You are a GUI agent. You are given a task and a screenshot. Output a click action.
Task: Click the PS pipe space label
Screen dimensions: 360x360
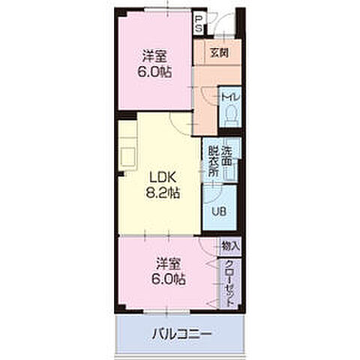point(199,23)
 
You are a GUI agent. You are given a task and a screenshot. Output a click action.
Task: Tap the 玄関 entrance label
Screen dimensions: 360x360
point(219,53)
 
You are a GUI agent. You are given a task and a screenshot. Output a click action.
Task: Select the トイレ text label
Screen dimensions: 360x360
point(231,97)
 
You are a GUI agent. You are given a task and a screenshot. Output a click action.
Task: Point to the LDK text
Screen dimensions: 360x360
point(163,177)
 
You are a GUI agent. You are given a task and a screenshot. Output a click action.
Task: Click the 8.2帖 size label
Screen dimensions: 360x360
point(163,193)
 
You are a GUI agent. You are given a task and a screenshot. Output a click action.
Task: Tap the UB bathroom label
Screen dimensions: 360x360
point(219,212)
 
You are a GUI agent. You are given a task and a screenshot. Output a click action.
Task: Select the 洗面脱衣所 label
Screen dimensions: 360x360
point(220,161)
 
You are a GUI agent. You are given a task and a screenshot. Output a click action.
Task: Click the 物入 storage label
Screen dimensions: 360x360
point(231,247)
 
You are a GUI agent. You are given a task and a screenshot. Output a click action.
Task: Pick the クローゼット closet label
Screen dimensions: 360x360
point(229,283)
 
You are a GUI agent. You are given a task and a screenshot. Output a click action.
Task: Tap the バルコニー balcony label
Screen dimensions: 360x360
point(181,334)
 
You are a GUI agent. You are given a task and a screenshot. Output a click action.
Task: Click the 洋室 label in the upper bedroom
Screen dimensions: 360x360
point(154,56)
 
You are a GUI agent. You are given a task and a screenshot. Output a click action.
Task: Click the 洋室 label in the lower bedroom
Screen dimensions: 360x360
point(168,264)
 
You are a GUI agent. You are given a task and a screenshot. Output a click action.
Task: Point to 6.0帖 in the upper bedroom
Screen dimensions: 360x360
point(154,72)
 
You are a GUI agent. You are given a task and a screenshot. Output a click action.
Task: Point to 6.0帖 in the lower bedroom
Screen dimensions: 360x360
point(168,279)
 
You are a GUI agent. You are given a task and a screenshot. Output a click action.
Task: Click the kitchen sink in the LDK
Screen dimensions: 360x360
point(128,157)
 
